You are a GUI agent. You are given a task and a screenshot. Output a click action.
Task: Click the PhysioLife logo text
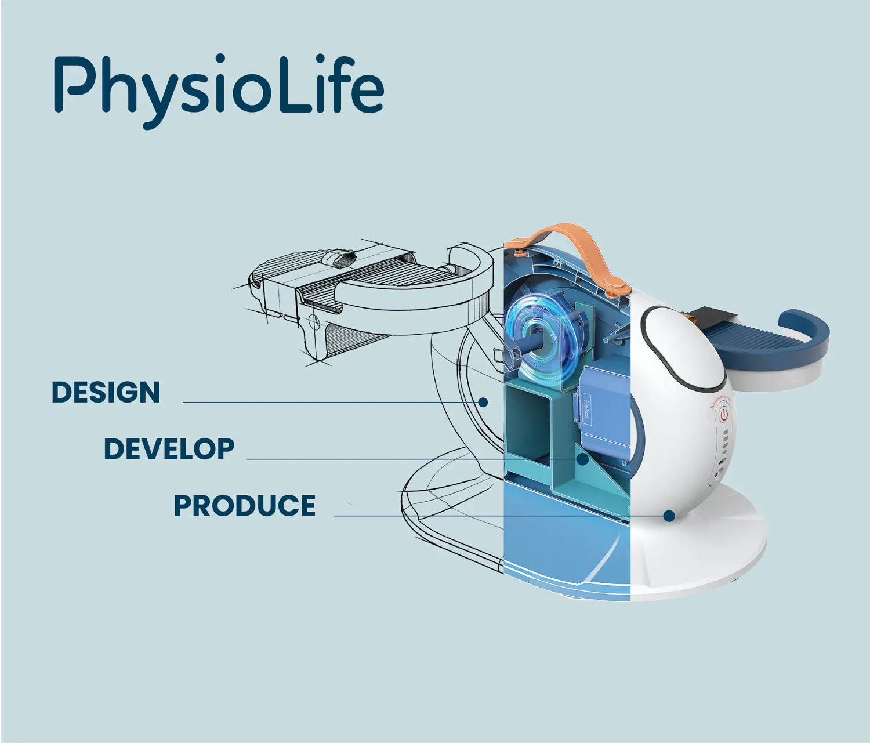(219, 90)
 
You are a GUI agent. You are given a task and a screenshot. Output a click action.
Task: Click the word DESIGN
(106, 392)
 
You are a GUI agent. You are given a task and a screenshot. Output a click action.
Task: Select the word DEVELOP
(169, 449)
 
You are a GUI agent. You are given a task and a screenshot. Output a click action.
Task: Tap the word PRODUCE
(245, 506)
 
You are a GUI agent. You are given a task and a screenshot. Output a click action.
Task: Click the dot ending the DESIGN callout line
(484, 402)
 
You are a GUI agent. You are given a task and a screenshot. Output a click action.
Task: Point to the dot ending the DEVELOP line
(582, 459)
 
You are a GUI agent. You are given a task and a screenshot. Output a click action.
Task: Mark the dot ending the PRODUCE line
(669, 516)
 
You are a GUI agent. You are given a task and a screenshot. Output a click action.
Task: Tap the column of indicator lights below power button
(725, 443)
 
